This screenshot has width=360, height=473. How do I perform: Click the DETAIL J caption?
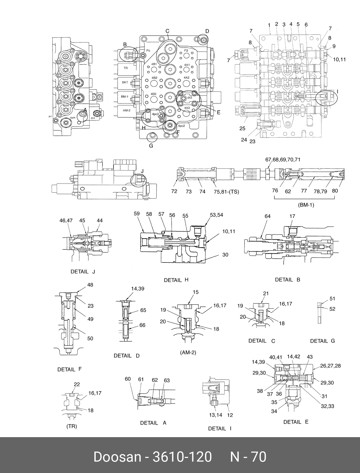83,272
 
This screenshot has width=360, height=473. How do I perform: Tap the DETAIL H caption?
176,280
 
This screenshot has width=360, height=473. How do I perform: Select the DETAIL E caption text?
296,422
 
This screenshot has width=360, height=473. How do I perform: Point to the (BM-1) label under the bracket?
306,205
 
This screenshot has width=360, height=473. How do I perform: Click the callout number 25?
242,128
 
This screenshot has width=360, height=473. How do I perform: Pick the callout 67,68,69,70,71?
282,160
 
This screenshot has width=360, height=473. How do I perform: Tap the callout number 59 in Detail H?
137,214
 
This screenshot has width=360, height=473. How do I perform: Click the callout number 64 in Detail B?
268,216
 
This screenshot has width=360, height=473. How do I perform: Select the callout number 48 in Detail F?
90,285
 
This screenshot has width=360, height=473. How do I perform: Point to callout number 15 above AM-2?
196,292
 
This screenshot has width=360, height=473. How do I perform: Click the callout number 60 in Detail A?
128,379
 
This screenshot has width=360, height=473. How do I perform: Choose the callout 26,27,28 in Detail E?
330,366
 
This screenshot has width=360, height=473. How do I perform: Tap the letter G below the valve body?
151,145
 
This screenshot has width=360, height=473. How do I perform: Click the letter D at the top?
207,31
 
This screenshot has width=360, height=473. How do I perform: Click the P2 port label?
186,50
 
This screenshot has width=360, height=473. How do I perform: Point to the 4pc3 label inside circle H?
155,114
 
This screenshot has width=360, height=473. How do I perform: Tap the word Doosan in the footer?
117,457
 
